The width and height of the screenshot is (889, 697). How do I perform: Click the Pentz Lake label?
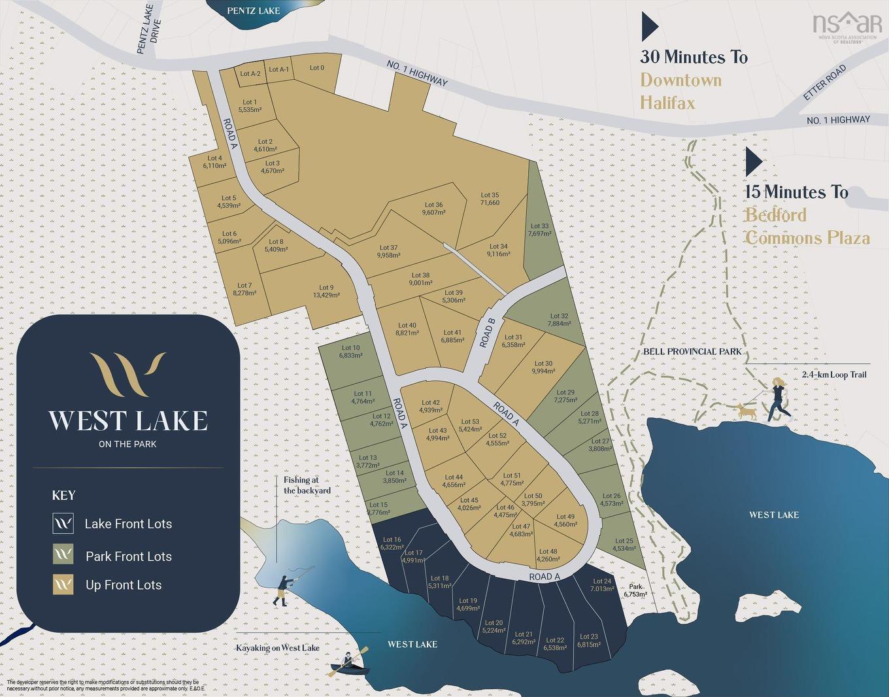coord(253,10)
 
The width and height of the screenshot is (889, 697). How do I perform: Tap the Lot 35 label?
coord(490,199)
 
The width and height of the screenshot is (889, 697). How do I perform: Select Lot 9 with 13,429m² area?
coord(326,291)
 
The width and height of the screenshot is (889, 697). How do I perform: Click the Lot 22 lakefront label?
coord(555,644)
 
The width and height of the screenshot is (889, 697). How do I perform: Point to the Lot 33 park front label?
coord(539,229)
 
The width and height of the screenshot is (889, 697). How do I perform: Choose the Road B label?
coord(488,332)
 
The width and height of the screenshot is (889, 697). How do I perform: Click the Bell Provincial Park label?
coord(692,352)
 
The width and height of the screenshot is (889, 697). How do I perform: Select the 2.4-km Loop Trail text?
coord(833,375)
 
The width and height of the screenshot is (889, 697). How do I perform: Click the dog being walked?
coord(745,411)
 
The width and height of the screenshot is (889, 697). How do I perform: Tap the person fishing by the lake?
coord(282,588)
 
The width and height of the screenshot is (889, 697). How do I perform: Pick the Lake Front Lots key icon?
coord(63,523)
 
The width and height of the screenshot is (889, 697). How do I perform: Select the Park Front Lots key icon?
coord(63,555)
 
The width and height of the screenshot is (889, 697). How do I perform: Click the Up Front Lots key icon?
coord(63,585)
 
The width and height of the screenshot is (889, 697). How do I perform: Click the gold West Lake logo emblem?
coord(127,374)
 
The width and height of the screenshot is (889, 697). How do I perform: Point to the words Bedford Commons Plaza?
coord(807,226)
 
